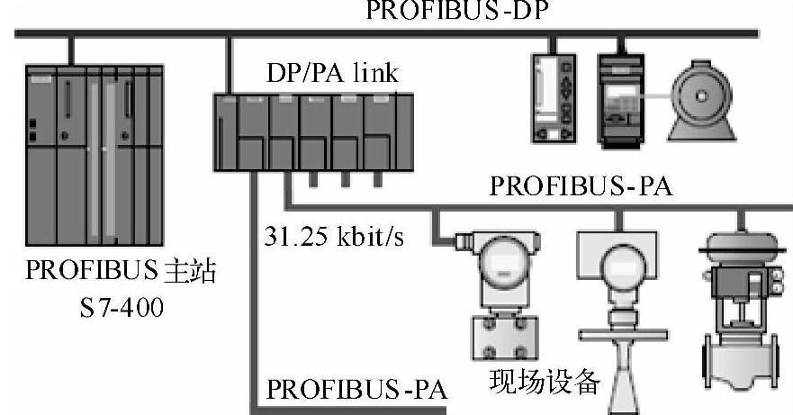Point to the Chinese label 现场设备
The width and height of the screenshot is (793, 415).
pos(544,381)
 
